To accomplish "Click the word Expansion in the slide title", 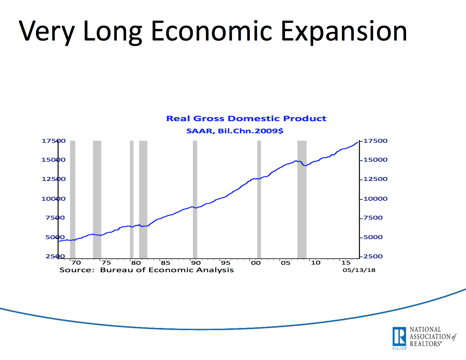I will click(344, 31).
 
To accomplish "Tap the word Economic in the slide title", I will click(211, 31).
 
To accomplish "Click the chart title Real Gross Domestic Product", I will click(246, 119).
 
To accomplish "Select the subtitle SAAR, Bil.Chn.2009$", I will click(235, 131).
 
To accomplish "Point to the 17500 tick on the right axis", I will click(375, 141).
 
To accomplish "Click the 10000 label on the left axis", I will click(53, 199).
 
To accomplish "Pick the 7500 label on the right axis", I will click(373, 218).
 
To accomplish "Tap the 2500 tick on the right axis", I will click(373, 256).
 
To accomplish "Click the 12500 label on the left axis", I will click(53, 179).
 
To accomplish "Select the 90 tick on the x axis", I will click(196, 263).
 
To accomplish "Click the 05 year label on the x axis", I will click(286, 263).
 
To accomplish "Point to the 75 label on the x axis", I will click(106, 263).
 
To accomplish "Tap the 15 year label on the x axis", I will click(346, 263).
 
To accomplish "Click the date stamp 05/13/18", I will click(359, 270).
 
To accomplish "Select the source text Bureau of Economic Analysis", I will click(167, 270).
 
